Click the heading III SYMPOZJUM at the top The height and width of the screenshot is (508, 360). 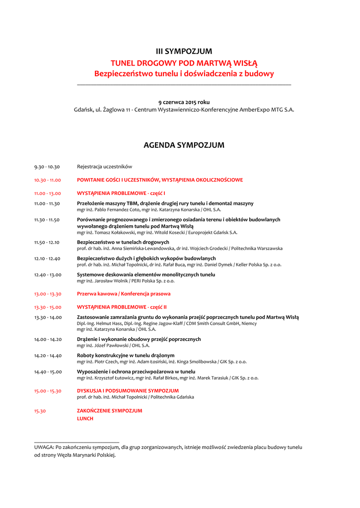(184, 51)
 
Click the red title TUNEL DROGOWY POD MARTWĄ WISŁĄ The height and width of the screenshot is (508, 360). (184, 63)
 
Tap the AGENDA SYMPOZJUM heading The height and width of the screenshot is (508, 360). (184, 145)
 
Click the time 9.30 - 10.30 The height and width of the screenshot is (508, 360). (47, 167)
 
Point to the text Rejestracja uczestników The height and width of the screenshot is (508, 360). (104, 167)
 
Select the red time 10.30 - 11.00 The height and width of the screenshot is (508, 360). (47, 180)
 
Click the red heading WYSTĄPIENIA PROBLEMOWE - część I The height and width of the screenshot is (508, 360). (121, 193)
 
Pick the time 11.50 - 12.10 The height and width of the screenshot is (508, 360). (47, 243)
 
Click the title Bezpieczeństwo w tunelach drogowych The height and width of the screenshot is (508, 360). (123, 243)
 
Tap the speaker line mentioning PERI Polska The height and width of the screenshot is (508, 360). (126, 281)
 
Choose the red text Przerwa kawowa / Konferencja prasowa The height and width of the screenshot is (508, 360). (124, 294)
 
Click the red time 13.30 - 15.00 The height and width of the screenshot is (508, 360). (48, 307)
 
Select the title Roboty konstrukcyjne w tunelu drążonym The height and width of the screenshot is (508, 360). (126, 356)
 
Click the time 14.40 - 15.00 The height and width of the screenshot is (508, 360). (48, 372)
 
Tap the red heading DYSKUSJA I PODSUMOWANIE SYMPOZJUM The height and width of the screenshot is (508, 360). (128, 391)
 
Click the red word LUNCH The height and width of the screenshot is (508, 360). (85, 419)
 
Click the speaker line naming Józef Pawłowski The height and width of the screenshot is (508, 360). (113, 345)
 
